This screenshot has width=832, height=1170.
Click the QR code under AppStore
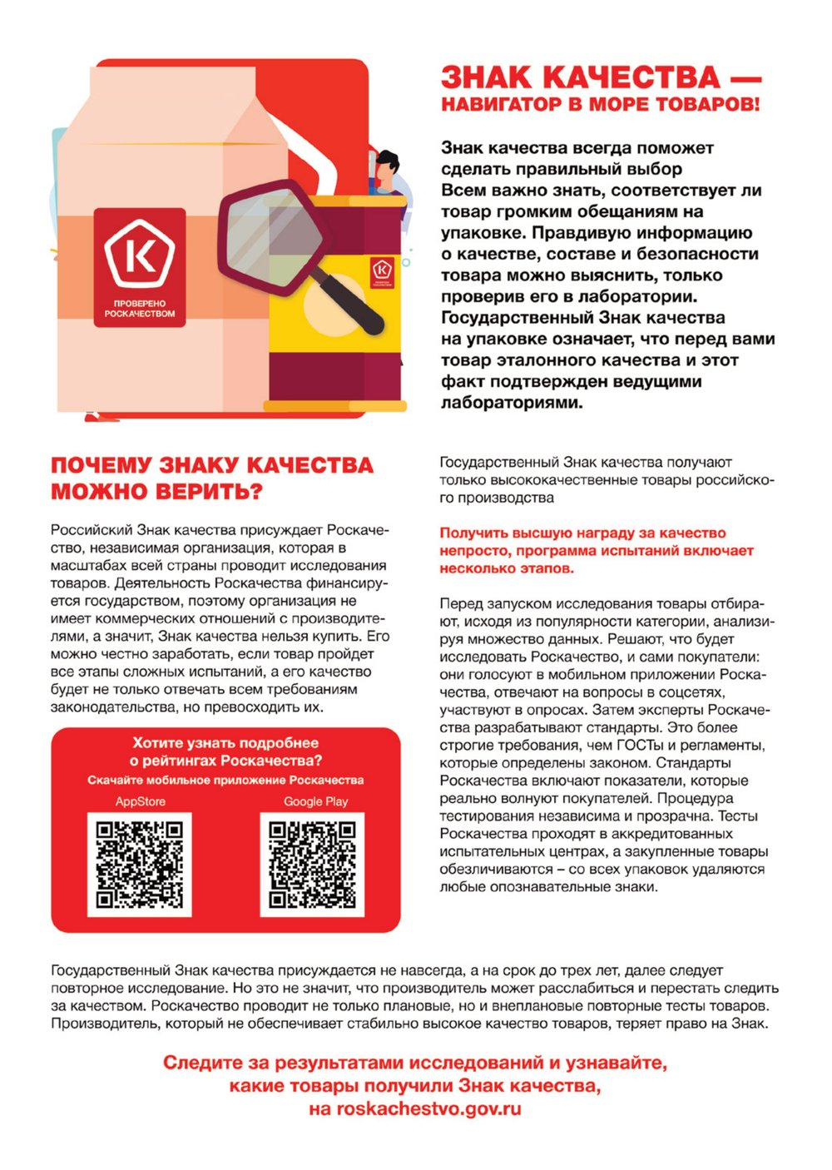[140, 865]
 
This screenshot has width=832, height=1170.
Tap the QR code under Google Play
[312, 865]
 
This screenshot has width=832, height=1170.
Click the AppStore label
[140, 801]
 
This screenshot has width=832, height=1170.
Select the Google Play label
[315, 801]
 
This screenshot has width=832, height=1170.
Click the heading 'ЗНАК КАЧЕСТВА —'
[600, 78]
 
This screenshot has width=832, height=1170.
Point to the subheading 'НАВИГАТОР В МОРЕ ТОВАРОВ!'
[600, 106]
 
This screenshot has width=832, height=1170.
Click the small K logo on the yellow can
[381, 269]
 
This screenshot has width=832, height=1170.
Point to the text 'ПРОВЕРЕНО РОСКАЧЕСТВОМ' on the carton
[140, 309]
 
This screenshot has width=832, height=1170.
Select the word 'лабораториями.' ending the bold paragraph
[512, 403]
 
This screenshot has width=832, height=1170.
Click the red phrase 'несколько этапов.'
[507, 569]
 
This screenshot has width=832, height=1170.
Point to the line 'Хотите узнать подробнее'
[225, 743]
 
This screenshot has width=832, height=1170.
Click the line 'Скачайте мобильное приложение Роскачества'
[225, 781]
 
